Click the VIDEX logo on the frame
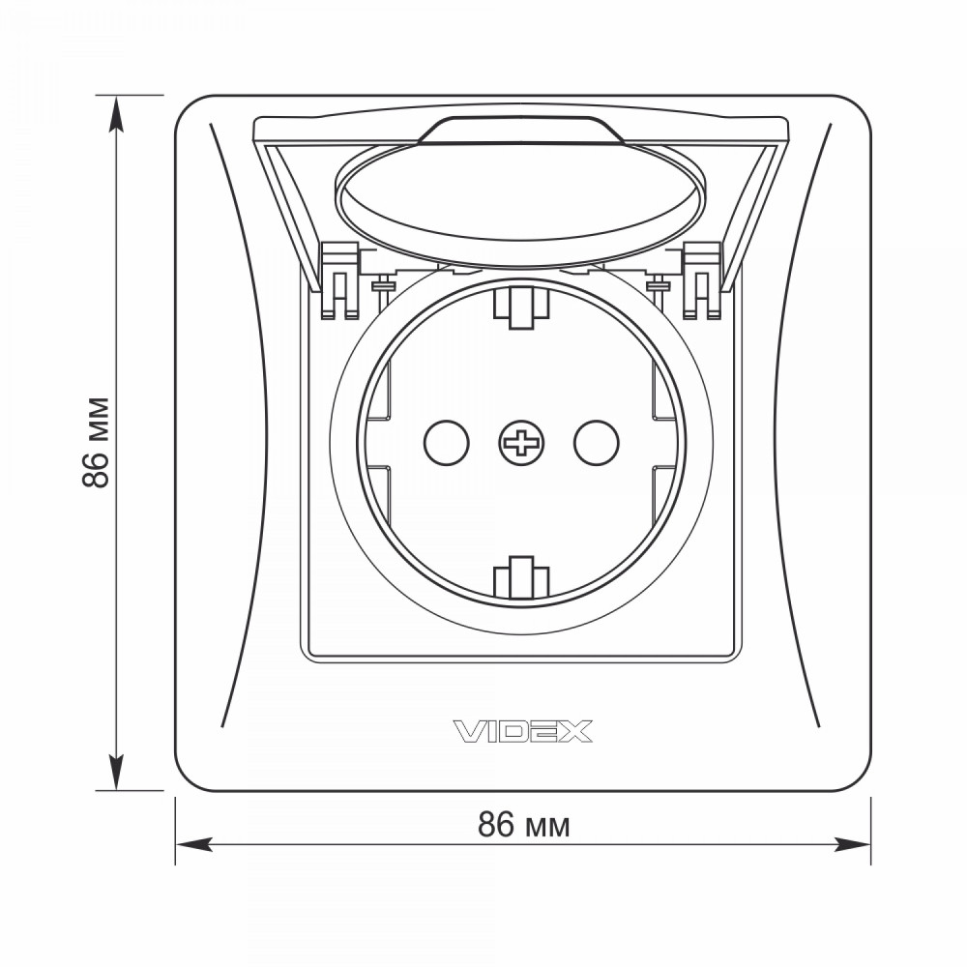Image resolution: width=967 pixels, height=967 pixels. coord(523,731)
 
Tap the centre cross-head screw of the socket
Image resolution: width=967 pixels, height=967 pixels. coord(522,443)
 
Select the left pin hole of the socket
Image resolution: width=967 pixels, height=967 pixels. coord(447,442)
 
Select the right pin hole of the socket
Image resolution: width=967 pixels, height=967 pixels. coord(597,442)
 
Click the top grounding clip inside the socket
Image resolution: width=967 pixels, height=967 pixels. coord(521,307)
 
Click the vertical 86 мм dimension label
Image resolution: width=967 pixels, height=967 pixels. coord(96,443)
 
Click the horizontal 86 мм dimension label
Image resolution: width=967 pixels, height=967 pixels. coord(523,825)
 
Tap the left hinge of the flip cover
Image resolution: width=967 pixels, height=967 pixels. coord(339,280)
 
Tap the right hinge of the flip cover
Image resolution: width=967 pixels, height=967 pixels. coord(702,280)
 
